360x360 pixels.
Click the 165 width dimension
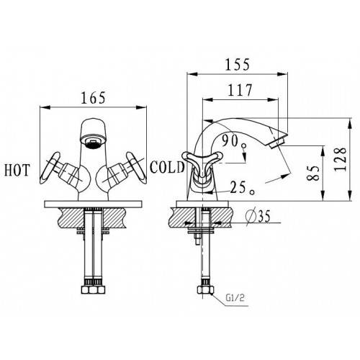[93, 98]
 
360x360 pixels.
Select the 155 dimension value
[237, 65]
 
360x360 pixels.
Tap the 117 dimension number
[240, 90]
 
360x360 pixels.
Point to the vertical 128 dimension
[341, 159]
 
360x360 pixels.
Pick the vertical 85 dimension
[314, 173]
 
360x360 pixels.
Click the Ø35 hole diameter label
[258, 216]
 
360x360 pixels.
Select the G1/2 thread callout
[235, 298]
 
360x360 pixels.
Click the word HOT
[17, 170]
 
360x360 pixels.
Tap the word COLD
[167, 167]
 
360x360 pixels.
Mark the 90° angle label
[233, 141]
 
